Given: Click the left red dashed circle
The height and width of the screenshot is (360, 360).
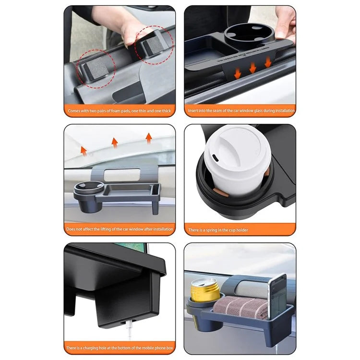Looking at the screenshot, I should tap(97, 67).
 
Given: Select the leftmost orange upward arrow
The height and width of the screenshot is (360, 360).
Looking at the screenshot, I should tap(84, 151).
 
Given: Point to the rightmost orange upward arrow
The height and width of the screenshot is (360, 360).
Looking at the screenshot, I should tap(149, 138).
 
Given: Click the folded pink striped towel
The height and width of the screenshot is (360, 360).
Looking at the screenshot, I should tap(243, 307).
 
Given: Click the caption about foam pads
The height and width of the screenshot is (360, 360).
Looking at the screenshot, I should tap(120, 111).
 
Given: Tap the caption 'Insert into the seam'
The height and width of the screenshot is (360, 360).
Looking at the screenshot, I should tap(240, 111).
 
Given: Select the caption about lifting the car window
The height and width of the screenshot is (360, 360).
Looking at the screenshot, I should tap(120, 229).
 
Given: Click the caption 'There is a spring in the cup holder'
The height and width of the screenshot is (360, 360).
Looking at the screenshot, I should tap(218, 230).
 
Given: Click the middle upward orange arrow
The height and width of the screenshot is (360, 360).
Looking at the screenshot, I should tap(114, 142).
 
